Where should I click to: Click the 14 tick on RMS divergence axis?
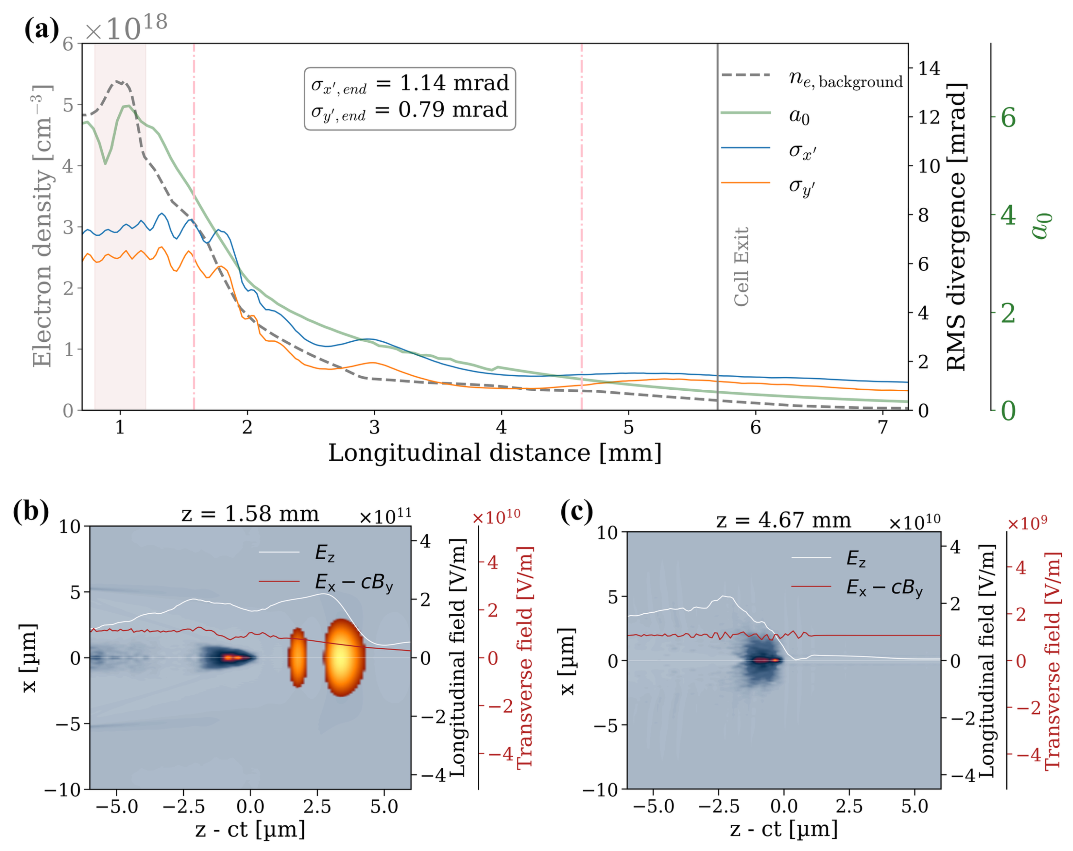[929, 68]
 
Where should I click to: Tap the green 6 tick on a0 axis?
[1008, 118]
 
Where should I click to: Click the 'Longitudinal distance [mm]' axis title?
[495, 453]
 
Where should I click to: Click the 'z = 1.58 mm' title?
[250, 514]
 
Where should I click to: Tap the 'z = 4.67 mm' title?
[783, 520]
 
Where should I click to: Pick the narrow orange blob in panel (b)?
[297, 657]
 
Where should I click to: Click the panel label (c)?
[576, 511]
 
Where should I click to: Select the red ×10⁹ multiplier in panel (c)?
[1027, 523]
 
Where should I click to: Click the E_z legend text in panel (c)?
[856, 559]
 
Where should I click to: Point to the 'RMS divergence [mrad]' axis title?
[956, 227]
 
